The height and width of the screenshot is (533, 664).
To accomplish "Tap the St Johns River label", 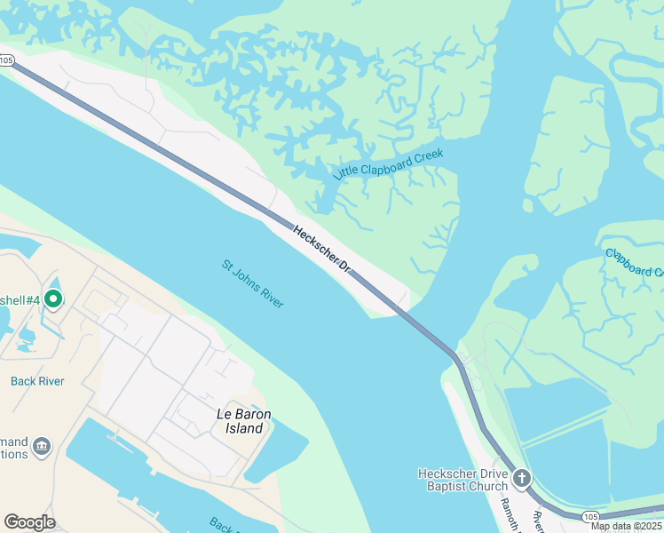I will click(x=252, y=283).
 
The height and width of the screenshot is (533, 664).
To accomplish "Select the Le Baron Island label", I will click(x=241, y=421).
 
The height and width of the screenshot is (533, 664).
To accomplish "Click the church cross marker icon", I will click(x=522, y=479).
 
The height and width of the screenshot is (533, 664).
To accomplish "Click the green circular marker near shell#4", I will click(x=52, y=299).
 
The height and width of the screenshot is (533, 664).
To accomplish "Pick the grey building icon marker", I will click(x=42, y=445).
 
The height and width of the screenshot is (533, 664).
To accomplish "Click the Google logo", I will click(x=29, y=522).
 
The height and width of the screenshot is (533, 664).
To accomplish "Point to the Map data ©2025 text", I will click(x=626, y=526).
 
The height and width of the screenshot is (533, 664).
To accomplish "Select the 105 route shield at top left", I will click(x=7, y=60).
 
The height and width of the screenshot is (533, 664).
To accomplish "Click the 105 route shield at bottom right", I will click(x=591, y=516).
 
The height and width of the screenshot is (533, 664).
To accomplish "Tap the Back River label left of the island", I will click(x=36, y=381).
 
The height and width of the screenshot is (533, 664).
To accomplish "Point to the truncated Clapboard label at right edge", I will click(x=635, y=264).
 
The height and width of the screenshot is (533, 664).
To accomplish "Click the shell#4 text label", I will click(x=20, y=300).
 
